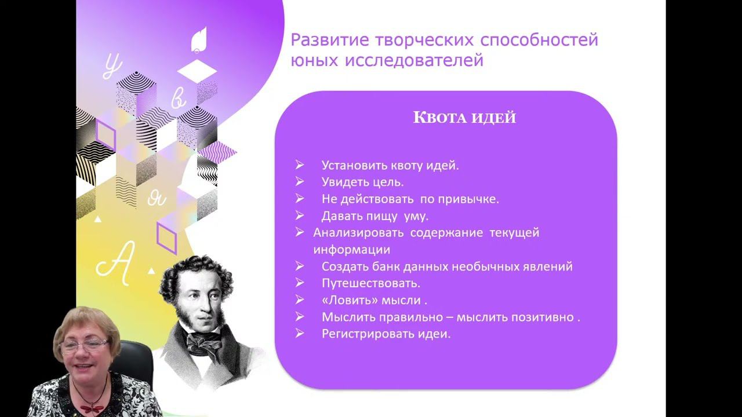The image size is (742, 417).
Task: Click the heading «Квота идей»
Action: point(464,118)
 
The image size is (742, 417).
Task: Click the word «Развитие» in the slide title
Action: point(325,41)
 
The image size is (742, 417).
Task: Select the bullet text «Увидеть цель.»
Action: point(362,182)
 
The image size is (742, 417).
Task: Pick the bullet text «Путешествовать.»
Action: point(370,283)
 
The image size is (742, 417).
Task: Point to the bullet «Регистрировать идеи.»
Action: point(385,334)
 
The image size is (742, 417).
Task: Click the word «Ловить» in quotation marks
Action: point(347,301)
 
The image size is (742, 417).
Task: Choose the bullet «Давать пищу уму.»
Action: point(374,215)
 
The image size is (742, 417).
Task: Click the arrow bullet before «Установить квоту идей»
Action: point(299,165)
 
